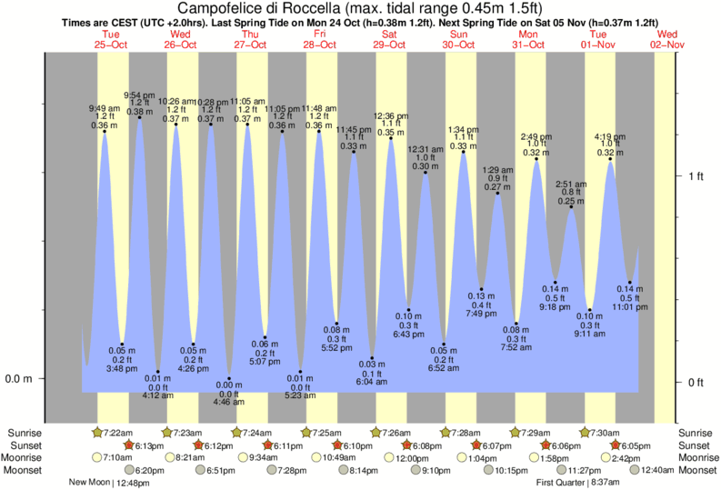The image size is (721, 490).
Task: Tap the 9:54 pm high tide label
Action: (139, 95)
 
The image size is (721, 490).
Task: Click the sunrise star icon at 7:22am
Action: (97, 432)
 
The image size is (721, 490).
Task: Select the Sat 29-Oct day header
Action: (390, 38)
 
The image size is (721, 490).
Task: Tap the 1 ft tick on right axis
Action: (695, 175)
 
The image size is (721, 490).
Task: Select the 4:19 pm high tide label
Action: (609, 137)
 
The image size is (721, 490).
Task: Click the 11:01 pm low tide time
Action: (630, 307)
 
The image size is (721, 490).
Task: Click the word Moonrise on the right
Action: (695, 457)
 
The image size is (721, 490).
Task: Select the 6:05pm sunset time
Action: (636, 445)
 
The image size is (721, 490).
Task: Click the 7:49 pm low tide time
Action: (481, 314)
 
